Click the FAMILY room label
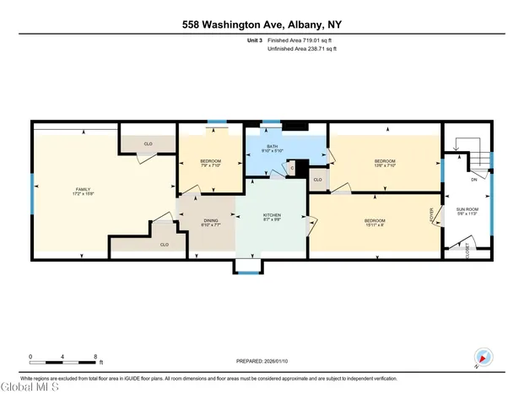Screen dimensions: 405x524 click(x=83, y=190)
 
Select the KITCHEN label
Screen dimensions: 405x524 click(x=272, y=217)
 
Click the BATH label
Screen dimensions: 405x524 click(x=273, y=148)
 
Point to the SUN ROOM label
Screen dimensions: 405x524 click(x=467, y=211)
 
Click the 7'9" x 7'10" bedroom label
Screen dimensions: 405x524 click(x=210, y=162)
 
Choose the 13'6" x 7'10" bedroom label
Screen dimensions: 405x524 click(x=384, y=162)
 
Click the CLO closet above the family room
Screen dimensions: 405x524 click(x=147, y=144)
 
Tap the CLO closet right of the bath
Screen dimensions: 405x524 click(x=317, y=180)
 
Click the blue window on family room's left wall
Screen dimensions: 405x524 click(x=32, y=195)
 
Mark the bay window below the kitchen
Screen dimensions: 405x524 click(x=248, y=267)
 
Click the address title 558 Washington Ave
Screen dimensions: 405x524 click(x=261, y=26)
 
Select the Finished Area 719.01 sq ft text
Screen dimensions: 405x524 click(x=301, y=40)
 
